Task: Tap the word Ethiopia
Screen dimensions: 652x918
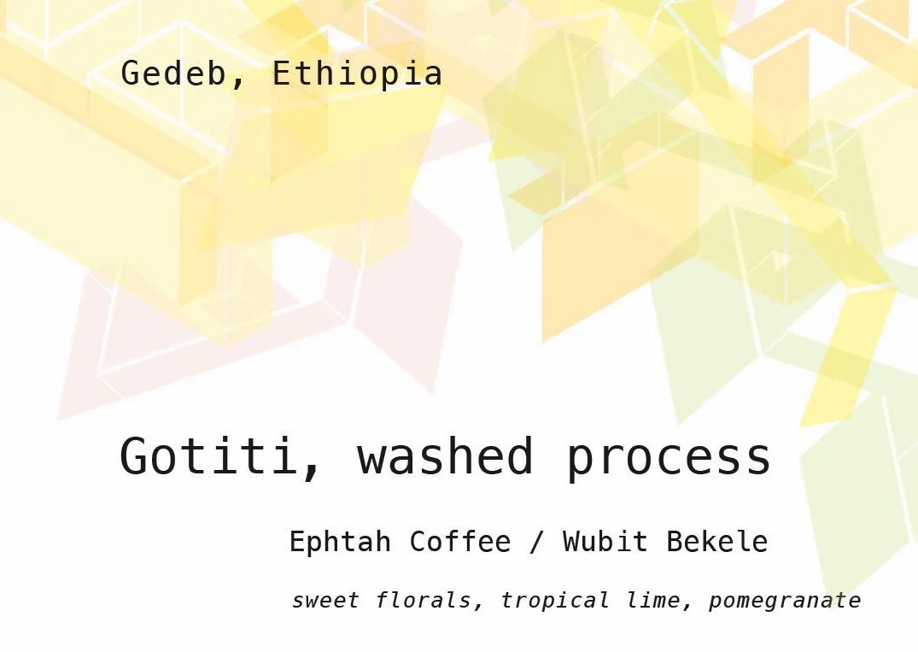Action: tap(357, 74)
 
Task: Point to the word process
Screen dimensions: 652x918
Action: tap(669, 458)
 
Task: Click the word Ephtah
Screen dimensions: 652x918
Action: tap(340, 542)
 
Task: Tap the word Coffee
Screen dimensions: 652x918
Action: tap(460, 542)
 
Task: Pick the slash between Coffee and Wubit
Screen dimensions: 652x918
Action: tap(536, 542)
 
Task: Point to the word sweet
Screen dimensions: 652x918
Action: tap(325, 601)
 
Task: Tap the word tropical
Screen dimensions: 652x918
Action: tap(554, 602)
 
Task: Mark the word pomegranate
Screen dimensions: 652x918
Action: tap(785, 602)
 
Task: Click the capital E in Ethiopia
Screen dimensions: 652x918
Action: tap(281, 74)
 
